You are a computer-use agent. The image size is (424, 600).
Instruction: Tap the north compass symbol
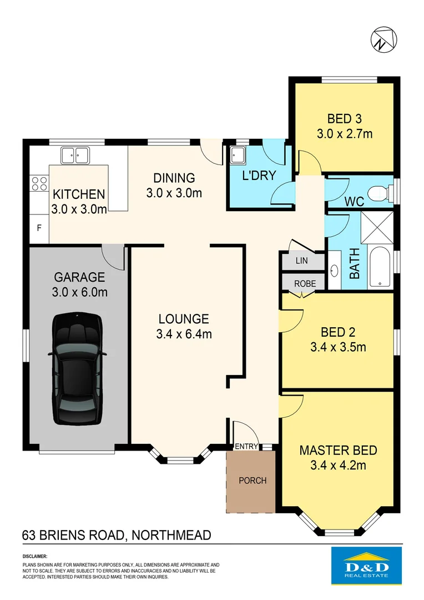click(x=383, y=39)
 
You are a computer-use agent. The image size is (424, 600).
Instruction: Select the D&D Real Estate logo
click(x=367, y=566)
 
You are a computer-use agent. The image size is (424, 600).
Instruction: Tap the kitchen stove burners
click(x=39, y=183)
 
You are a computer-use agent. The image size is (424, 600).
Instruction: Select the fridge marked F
click(x=39, y=228)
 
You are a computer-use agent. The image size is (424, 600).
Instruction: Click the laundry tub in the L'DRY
click(x=239, y=155)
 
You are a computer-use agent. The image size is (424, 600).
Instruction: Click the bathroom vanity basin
click(x=334, y=271)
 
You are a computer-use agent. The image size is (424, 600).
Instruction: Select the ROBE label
click(x=305, y=283)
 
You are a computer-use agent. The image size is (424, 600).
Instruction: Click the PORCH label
click(x=253, y=480)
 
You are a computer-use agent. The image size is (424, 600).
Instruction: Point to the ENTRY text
click(x=246, y=447)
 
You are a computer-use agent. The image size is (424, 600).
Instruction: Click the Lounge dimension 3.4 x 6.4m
click(x=184, y=334)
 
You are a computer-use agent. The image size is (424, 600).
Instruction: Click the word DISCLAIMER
click(x=35, y=556)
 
